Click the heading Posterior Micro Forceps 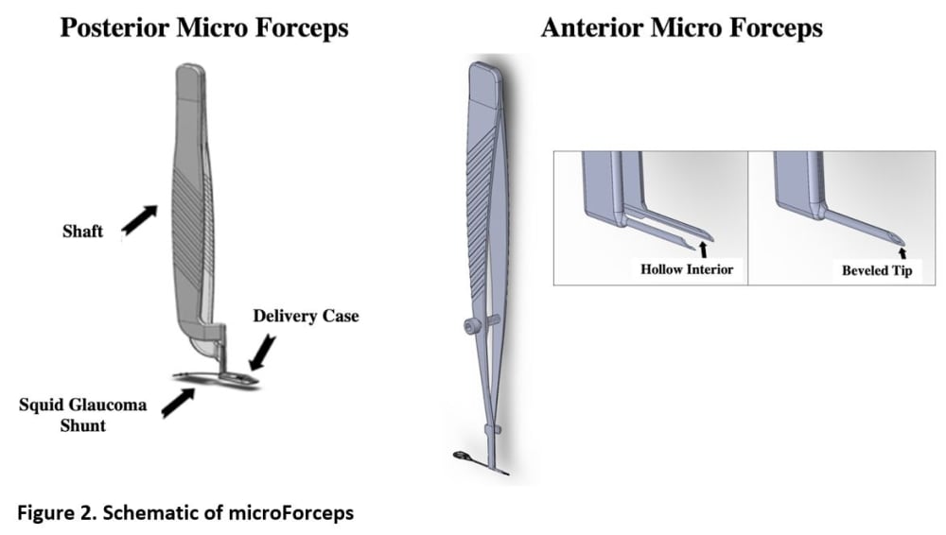click(x=203, y=28)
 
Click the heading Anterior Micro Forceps click(x=681, y=28)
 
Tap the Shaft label click(x=82, y=231)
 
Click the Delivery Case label click(x=306, y=316)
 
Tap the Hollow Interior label click(x=687, y=269)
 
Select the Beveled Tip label click(x=878, y=270)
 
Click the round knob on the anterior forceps click(x=469, y=326)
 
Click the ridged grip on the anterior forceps click(x=488, y=180)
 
